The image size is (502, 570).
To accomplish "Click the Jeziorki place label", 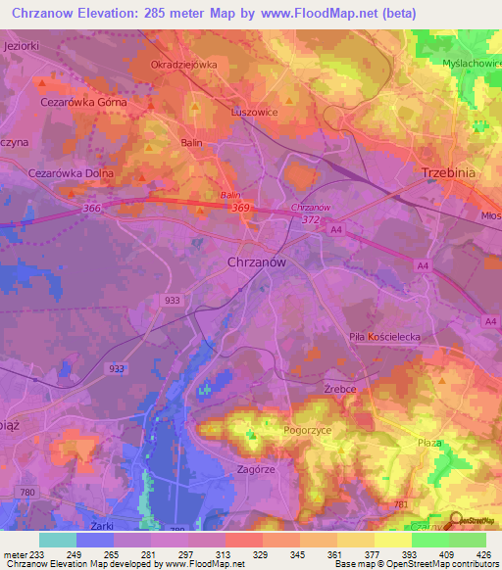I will point(23,46).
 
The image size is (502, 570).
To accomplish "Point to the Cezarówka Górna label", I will point(83,101).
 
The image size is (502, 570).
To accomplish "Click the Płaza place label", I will point(429,443).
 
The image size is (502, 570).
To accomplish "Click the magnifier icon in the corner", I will point(457,522).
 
